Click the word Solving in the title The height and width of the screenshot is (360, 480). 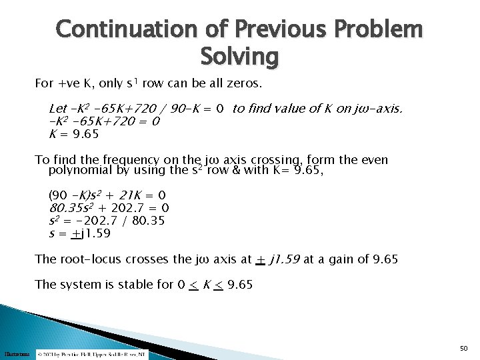[239, 57]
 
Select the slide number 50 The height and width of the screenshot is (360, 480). [464, 348]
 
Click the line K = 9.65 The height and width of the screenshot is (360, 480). [74, 134]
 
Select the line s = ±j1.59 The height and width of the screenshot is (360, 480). [79, 233]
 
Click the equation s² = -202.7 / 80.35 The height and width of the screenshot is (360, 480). [107, 221]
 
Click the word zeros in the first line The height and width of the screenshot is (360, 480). [245, 85]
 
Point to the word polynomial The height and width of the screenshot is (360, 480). [79, 171]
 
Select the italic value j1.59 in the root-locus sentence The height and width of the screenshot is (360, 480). [285, 259]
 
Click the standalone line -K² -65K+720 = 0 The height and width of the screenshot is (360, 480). [104, 121]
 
